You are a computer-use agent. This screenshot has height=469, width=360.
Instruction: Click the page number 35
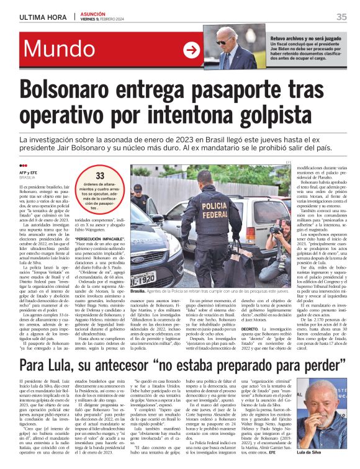tap(341, 17)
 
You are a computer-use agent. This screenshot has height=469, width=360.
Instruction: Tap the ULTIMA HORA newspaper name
tap(41, 17)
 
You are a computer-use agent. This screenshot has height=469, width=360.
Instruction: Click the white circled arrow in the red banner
tap(191, 50)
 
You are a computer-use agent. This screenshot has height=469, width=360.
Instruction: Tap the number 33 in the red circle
tap(99, 176)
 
